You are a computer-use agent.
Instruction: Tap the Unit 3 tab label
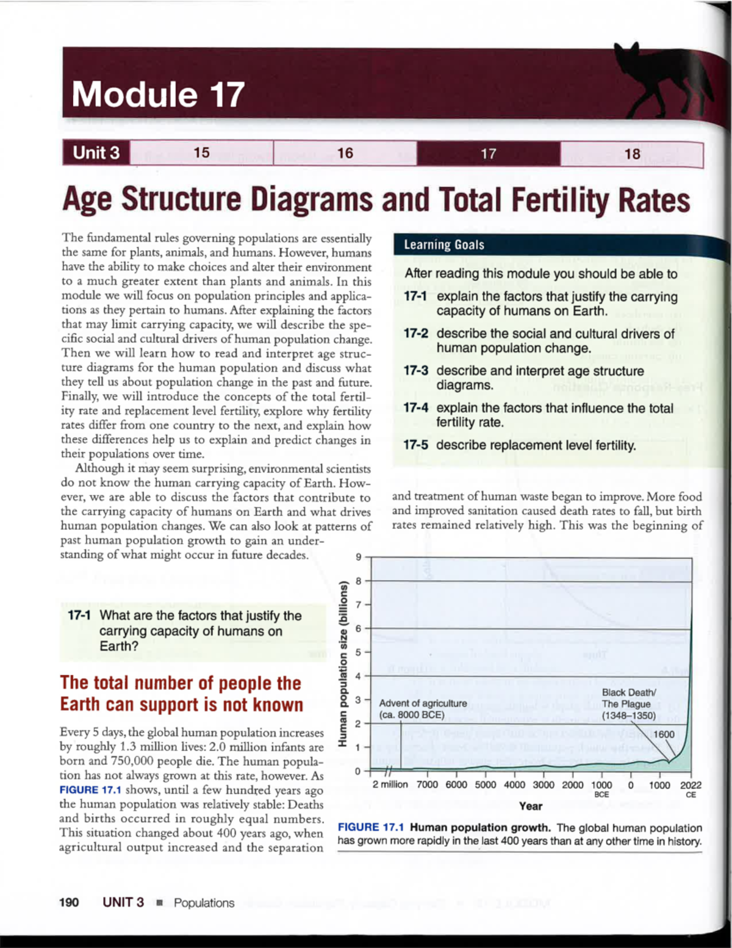(96, 153)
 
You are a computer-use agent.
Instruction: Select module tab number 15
(201, 153)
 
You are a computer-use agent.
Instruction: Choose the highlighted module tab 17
(488, 154)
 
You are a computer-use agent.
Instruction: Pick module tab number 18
(632, 154)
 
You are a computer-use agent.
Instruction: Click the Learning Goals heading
(444, 245)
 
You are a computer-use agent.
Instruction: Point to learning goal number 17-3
(415, 371)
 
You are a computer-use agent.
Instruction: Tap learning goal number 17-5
(415, 445)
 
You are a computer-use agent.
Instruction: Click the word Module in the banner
(134, 95)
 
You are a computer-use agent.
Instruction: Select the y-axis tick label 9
(359, 557)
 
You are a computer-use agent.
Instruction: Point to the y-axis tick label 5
(359, 652)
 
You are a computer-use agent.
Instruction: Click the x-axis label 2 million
(390, 785)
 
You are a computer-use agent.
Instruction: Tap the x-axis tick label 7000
(427, 785)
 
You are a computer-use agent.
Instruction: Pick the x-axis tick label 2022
(691, 785)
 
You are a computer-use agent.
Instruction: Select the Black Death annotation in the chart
(628, 704)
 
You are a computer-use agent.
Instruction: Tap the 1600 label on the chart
(664, 734)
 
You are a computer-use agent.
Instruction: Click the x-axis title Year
(531, 806)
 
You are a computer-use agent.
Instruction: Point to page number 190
(69, 903)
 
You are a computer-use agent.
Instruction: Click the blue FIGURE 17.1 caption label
(371, 828)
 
